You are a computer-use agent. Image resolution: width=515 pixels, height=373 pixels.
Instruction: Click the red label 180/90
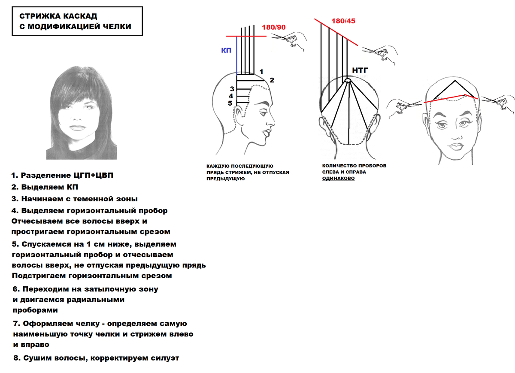click(274, 27)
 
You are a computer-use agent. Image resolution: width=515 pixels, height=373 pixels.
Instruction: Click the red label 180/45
click(343, 21)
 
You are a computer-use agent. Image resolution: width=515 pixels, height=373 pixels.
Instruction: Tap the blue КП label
click(226, 50)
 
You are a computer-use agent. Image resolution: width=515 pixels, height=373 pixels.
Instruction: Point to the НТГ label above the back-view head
click(360, 70)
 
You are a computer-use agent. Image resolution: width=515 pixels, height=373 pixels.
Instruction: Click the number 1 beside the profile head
click(261, 72)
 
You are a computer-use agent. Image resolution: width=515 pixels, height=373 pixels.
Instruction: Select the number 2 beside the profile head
click(272, 80)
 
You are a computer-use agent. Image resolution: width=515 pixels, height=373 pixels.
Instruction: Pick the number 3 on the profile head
click(232, 89)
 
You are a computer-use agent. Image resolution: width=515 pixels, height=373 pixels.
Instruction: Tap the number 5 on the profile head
click(230, 103)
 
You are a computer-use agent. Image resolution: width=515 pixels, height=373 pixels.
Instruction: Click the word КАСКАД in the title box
click(80, 16)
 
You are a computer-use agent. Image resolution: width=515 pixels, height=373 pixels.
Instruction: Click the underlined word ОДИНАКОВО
click(338, 178)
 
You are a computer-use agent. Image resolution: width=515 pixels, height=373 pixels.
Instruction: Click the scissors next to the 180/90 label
click(289, 41)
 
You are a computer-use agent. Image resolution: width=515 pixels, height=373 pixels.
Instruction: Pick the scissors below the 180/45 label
click(380, 54)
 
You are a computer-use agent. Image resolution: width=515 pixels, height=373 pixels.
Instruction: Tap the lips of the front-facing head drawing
click(456, 146)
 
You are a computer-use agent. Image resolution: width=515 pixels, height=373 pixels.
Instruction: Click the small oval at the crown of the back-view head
click(348, 80)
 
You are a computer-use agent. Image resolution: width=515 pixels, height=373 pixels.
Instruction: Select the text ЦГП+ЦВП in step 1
click(94, 175)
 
